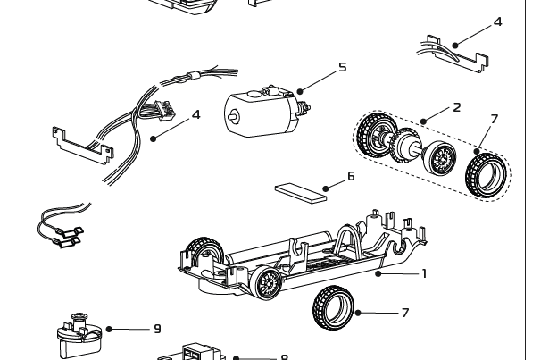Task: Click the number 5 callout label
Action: pyautogui.click(x=342, y=67)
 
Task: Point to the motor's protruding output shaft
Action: pyautogui.click(x=229, y=115)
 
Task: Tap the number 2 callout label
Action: pyautogui.click(x=456, y=107)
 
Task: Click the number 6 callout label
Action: pyautogui.click(x=351, y=177)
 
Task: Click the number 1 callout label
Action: pyautogui.click(x=423, y=273)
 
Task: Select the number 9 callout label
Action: pyautogui.click(x=158, y=329)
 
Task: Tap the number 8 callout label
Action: pyautogui.click(x=284, y=356)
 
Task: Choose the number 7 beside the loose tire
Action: pyautogui.click(x=404, y=313)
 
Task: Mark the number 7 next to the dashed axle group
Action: pyautogui.click(x=494, y=119)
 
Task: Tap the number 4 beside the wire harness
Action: pyautogui.click(x=196, y=115)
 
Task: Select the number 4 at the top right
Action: pyautogui.click(x=498, y=21)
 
